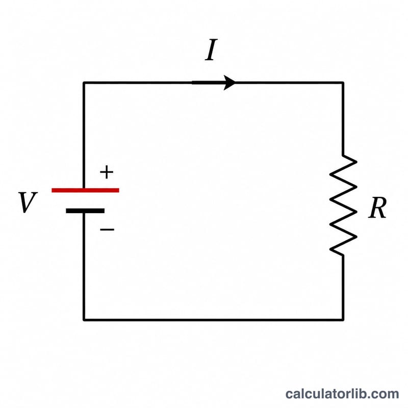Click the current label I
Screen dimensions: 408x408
[211, 49]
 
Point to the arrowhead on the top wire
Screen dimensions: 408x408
[229, 83]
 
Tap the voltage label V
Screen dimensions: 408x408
[28, 202]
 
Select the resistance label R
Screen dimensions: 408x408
[377, 208]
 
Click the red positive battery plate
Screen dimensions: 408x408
[85, 190]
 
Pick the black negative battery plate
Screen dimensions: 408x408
[85, 211]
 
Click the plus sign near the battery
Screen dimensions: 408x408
[107, 172]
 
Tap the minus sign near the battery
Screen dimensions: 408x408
[107, 229]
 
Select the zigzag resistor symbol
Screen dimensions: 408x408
[343, 206]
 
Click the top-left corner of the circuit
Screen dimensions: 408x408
[84, 83]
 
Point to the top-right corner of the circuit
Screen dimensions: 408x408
[343, 83]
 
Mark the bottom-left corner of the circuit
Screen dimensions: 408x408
[84, 320]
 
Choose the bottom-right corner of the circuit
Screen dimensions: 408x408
[343, 320]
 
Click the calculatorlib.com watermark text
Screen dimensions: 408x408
[342, 394]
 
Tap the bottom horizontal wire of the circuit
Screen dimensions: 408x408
[213, 320]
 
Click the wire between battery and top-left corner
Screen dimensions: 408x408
[84, 135]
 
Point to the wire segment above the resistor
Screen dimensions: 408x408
[343, 119]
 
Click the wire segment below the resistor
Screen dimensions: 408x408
[343, 288]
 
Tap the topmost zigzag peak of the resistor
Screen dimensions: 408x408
[356, 162]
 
